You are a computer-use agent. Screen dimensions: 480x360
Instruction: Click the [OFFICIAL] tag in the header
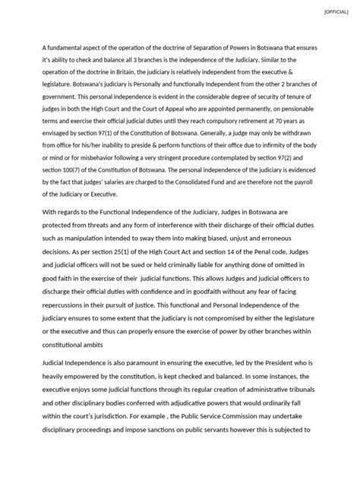(335, 12)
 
